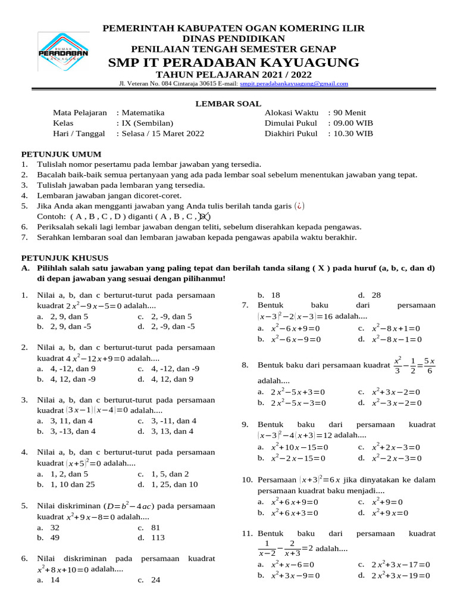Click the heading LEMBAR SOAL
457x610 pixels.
click(220, 103)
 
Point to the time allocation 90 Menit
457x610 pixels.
click(352, 112)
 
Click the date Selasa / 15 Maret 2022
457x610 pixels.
click(162, 133)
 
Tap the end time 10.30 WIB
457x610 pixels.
click(353, 133)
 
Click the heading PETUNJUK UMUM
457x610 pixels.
click(61, 154)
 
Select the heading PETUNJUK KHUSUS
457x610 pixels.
click(65, 257)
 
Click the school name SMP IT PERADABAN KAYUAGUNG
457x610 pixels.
click(233, 63)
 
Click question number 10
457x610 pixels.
click(248, 480)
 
